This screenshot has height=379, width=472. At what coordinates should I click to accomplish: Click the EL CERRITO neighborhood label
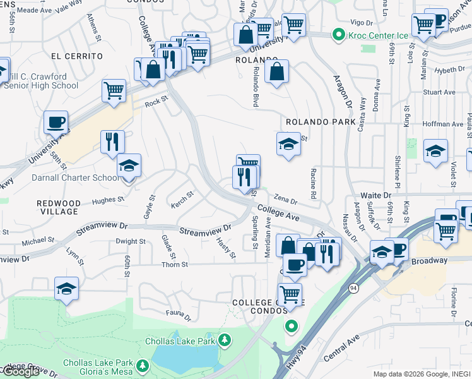77,56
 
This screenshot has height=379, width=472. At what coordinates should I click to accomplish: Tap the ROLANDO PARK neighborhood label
317,121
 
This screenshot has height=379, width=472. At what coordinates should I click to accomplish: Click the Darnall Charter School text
75,177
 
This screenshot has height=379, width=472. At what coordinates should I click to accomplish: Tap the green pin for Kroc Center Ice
339,35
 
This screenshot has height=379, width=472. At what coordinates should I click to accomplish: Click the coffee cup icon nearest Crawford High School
56,121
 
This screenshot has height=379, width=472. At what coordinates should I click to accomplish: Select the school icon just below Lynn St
67,289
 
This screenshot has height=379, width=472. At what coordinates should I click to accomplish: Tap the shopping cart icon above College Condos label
290,293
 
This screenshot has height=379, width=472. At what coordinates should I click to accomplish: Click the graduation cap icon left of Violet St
435,151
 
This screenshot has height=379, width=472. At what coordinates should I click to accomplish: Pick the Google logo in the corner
20,372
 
